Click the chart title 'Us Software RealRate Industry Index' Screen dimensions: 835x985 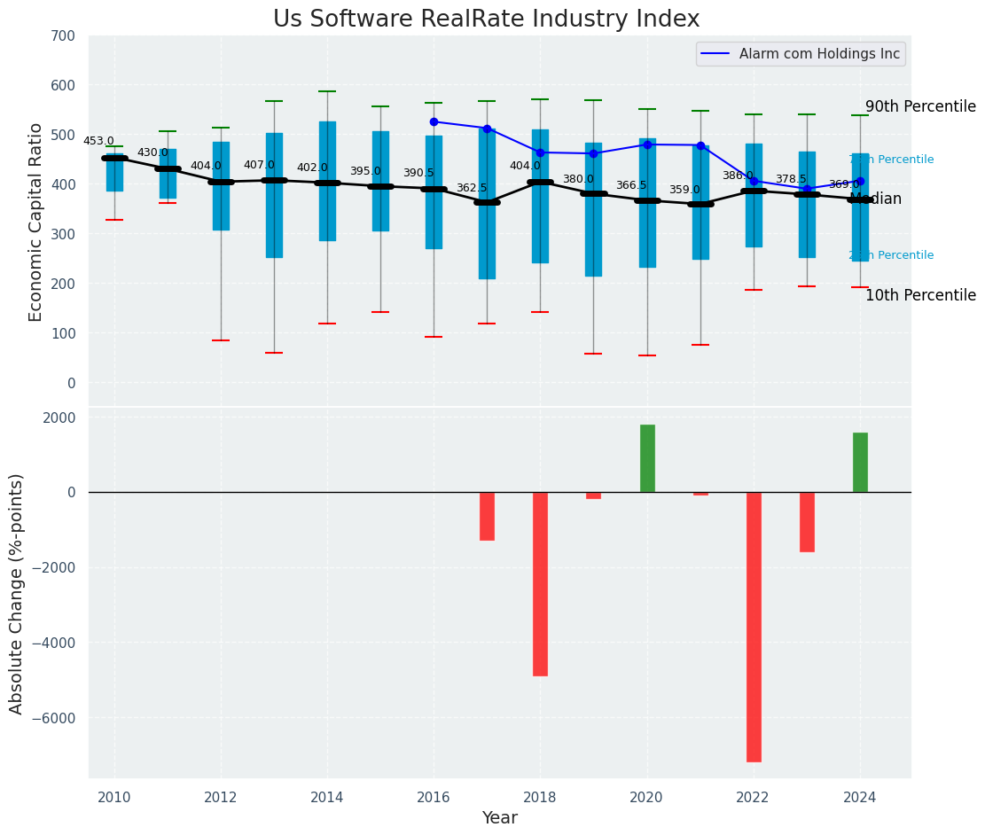pyautogui.click(x=486, y=20)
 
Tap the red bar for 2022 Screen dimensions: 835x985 pyautogui.click(x=754, y=626)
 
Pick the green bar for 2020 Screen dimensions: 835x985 pyautogui.click(x=647, y=458)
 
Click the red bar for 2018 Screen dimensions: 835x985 pyautogui.click(x=540, y=583)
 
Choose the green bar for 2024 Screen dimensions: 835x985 pyautogui.click(x=860, y=462)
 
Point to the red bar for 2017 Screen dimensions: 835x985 pyautogui.click(x=487, y=516)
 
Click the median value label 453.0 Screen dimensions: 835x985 pyautogui.click(x=98, y=141)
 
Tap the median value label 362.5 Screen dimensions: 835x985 pyautogui.click(x=472, y=188)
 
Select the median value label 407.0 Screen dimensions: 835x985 pyautogui.click(x=259, y=165)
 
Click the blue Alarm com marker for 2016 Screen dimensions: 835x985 pyautogui.click(x=434, y=121)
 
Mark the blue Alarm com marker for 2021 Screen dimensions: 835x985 pyautogui.click(x=700, y=145)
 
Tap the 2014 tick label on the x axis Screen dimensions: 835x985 pyautogui.click(x=327, y=798)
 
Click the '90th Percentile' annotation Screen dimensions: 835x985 pyautogui.click(x=920, y=106)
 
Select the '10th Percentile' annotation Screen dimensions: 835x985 pyautogui.click(x=920, y=295)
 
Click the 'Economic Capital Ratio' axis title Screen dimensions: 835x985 pyautogui.click(x=35, y=222)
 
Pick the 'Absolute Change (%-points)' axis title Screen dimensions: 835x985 pyautogui.click(x=17, y=593)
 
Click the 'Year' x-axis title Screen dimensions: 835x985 pyautogui.click(x=499, y=818)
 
